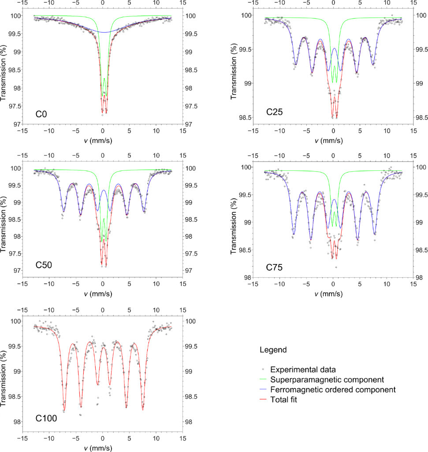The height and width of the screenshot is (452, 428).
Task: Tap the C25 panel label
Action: (x=274, y=112)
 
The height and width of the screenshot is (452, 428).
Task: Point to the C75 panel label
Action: (x=274, y=267)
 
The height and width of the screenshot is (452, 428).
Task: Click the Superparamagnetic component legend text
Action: (x=327, y=380)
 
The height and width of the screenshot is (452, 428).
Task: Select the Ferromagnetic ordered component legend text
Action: (x=333, y=390)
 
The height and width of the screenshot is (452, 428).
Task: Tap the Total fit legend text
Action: (x=287, y=400)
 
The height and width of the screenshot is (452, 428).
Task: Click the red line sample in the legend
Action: (x=263, y=400)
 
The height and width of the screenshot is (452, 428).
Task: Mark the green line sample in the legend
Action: (x=263, y=380)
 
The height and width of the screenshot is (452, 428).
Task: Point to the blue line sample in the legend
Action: (x=263, y=390)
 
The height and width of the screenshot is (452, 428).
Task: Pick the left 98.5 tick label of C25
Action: (x=244, y=117)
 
